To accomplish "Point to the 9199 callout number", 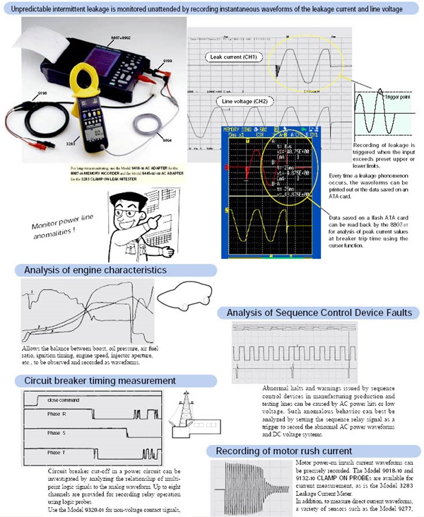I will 169,63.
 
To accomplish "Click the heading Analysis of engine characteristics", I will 95,270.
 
